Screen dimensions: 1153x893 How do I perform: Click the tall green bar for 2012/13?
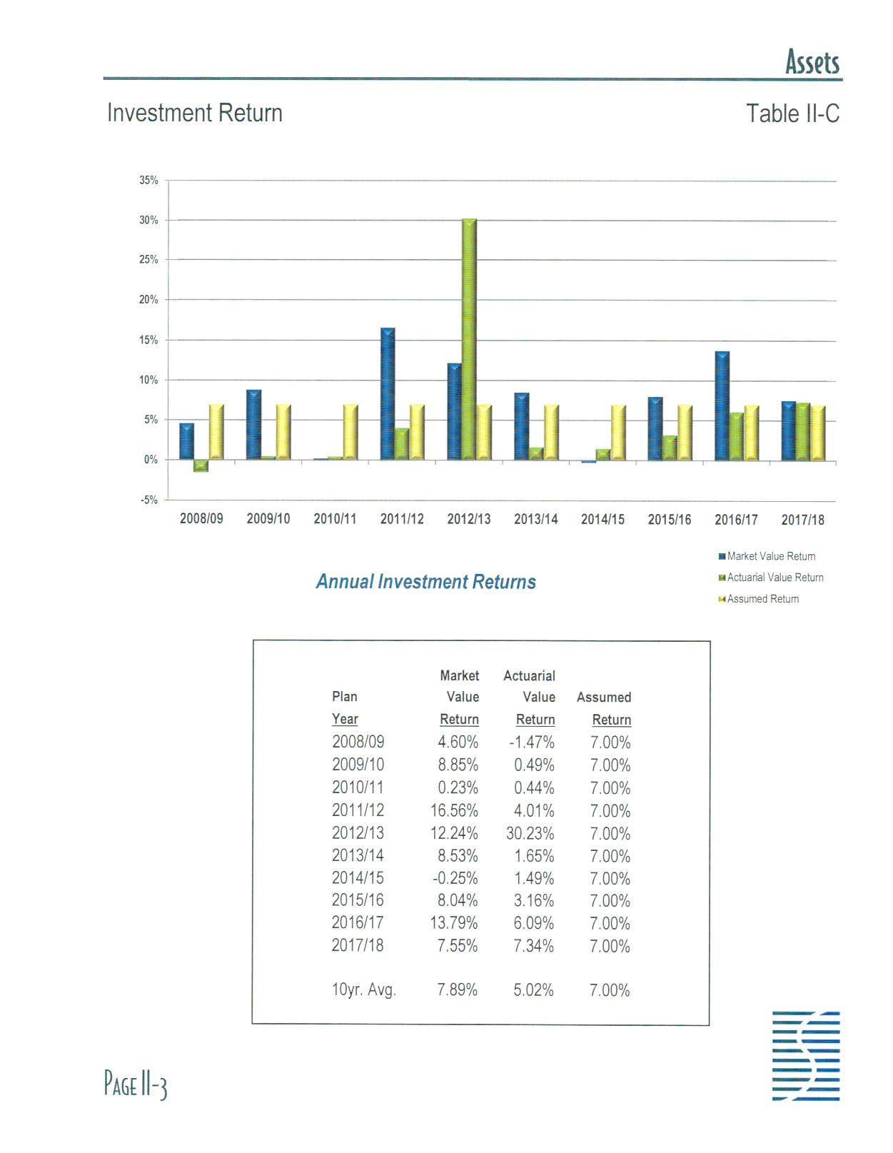469,339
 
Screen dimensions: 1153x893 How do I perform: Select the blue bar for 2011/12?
388,393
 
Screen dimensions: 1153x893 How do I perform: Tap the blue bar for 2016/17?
722,406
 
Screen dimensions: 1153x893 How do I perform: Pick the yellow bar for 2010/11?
350,432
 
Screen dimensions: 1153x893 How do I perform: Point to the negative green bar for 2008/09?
201,466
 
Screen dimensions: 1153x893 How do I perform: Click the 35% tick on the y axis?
149,181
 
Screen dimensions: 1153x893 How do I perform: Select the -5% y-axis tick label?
149,500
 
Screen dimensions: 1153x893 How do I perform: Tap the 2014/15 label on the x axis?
602,519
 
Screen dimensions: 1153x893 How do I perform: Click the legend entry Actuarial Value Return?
775,578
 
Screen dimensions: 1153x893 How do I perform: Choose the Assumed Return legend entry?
762,599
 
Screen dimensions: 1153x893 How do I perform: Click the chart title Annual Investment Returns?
425,582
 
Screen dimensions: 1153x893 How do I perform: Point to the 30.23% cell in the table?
530,833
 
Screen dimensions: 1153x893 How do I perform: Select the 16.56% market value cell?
454,810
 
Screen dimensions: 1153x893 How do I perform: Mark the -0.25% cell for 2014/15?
455,878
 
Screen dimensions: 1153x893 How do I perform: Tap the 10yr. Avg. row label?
363,990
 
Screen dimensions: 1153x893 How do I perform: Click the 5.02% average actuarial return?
533,990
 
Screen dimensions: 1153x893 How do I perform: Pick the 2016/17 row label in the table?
358,923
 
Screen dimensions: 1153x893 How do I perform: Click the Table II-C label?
792,114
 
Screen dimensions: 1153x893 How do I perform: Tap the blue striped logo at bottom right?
805,1055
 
